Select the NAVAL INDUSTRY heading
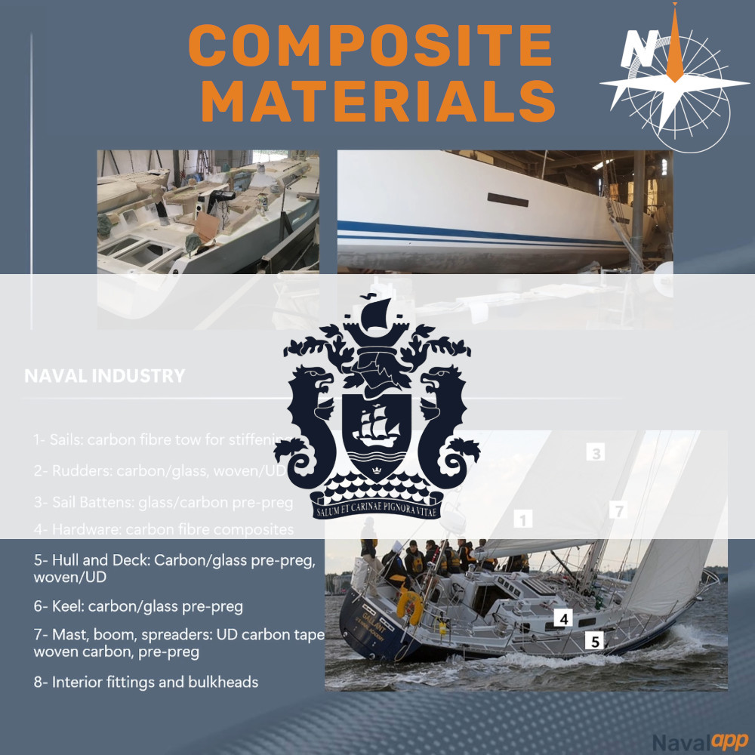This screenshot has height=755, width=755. (104, 376)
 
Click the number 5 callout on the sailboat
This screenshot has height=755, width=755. (595, 642)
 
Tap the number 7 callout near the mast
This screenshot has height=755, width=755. (618, 511)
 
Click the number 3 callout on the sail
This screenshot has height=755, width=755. (596, 453)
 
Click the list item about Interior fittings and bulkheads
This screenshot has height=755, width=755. (146, 683)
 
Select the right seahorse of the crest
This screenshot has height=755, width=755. (446, 423)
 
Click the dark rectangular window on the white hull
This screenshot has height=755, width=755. (508, 199)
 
